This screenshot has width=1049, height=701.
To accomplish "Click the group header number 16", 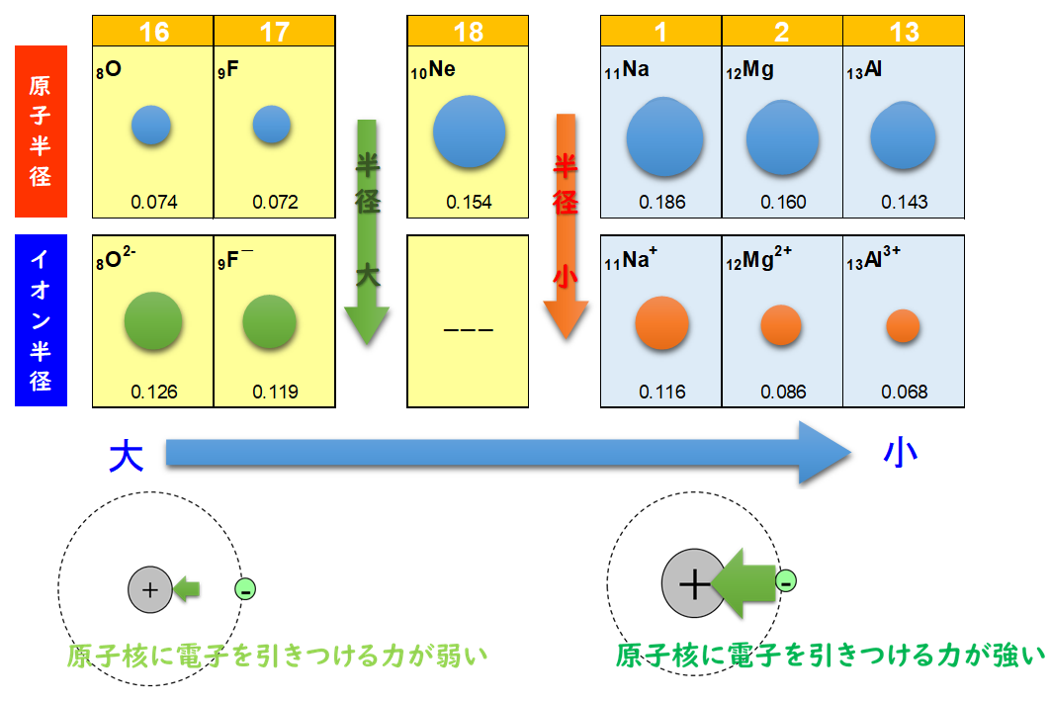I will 153,31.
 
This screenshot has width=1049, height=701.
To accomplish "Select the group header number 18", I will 468,31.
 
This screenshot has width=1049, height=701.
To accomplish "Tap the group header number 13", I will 904,31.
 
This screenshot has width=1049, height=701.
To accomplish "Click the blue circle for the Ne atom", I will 469,132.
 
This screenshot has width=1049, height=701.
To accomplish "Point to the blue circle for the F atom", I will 271,125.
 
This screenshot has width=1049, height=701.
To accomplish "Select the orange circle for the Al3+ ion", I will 904,325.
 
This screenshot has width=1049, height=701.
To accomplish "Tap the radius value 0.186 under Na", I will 661,203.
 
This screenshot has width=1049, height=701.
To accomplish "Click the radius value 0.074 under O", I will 154,203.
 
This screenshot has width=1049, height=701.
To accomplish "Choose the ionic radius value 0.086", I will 783,392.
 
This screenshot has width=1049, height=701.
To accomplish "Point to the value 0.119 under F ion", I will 275,392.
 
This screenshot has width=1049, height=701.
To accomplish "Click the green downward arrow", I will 367,232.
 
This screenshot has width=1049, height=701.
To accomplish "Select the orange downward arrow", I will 566,227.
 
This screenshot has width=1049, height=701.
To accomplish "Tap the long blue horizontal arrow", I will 504,453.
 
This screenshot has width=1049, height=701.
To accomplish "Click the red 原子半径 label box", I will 41,131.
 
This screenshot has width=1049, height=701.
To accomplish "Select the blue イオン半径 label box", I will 41,320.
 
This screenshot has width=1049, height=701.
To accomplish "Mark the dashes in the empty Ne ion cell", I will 469,330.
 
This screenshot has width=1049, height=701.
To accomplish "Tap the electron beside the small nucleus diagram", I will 245,590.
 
